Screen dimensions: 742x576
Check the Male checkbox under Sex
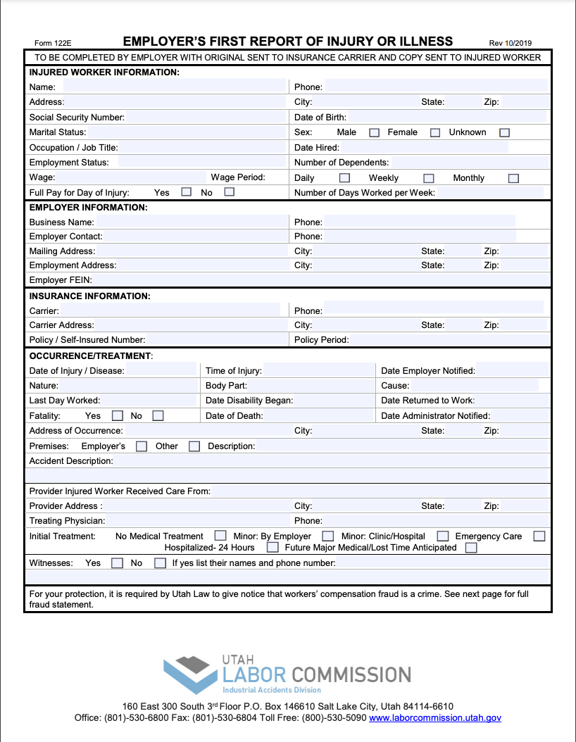point(375,132)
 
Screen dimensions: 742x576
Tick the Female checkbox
point(435,132)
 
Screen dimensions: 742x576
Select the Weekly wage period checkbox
point(428,178)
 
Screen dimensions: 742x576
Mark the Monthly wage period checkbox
point(513,178)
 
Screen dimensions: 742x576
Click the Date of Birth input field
point(446,117)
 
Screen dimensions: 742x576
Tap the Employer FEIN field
point(320,280)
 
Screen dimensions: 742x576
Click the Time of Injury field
point(318,371)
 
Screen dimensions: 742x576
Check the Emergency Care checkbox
point(539,536)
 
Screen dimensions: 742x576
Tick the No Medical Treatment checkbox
point(220,536)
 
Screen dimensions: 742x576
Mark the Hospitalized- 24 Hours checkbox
point(273,547)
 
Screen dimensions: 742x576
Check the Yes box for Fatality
point(118,415)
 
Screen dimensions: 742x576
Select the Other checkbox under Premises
point(194,446)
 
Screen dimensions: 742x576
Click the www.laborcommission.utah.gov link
point(435,718)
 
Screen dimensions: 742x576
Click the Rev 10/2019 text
point(511,42)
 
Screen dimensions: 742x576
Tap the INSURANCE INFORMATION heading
point(89,296)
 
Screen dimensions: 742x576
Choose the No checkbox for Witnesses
point(160,562)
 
